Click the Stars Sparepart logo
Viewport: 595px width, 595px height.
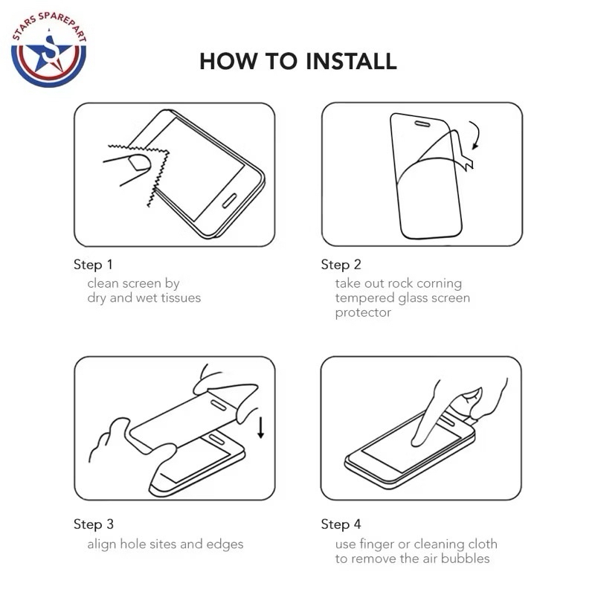point(49,49)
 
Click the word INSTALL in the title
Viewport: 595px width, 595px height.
point(351,61)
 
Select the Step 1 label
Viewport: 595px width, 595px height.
point(93,265)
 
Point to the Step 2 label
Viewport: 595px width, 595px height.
point(341,265)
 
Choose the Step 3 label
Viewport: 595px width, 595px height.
point(94,524)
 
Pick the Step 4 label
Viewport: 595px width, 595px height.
point(341,524)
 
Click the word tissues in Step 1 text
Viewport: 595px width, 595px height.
point(181,298)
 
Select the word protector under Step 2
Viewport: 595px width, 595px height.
point(363,313)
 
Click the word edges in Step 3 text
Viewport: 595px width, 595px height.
point(225,544)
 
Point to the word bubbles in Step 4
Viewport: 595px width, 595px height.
point(466,559)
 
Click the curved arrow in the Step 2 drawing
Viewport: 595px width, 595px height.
point(477,134)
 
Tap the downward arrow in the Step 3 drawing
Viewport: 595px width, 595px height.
point(261,428)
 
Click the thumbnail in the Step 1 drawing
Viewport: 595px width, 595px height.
point(139,163)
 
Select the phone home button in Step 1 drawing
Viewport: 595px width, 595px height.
point(229,201)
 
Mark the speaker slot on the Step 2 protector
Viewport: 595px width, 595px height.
point(422,124)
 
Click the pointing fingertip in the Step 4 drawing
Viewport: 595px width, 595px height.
point(416,441)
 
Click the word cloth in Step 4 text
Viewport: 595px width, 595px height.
point(483,544)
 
